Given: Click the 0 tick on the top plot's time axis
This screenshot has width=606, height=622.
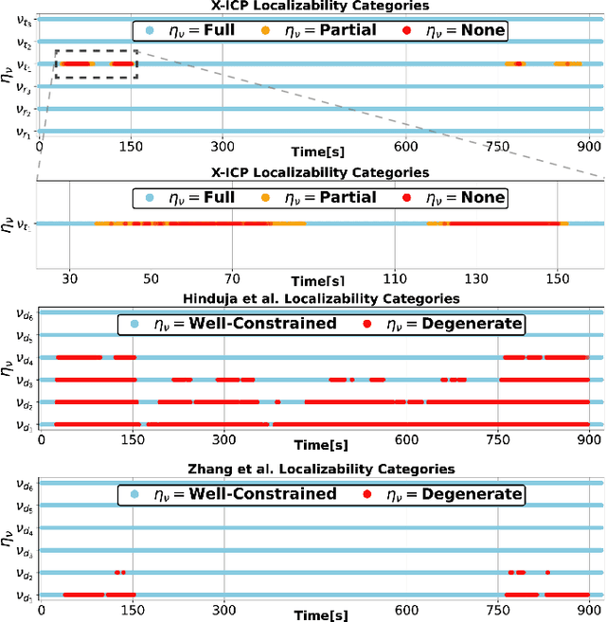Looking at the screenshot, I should click(x=40, y=147).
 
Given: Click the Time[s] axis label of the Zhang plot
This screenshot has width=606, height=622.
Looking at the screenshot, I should click(x=319, y=616).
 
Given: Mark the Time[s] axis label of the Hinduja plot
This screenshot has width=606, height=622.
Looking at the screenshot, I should click(x=319, y=445).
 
